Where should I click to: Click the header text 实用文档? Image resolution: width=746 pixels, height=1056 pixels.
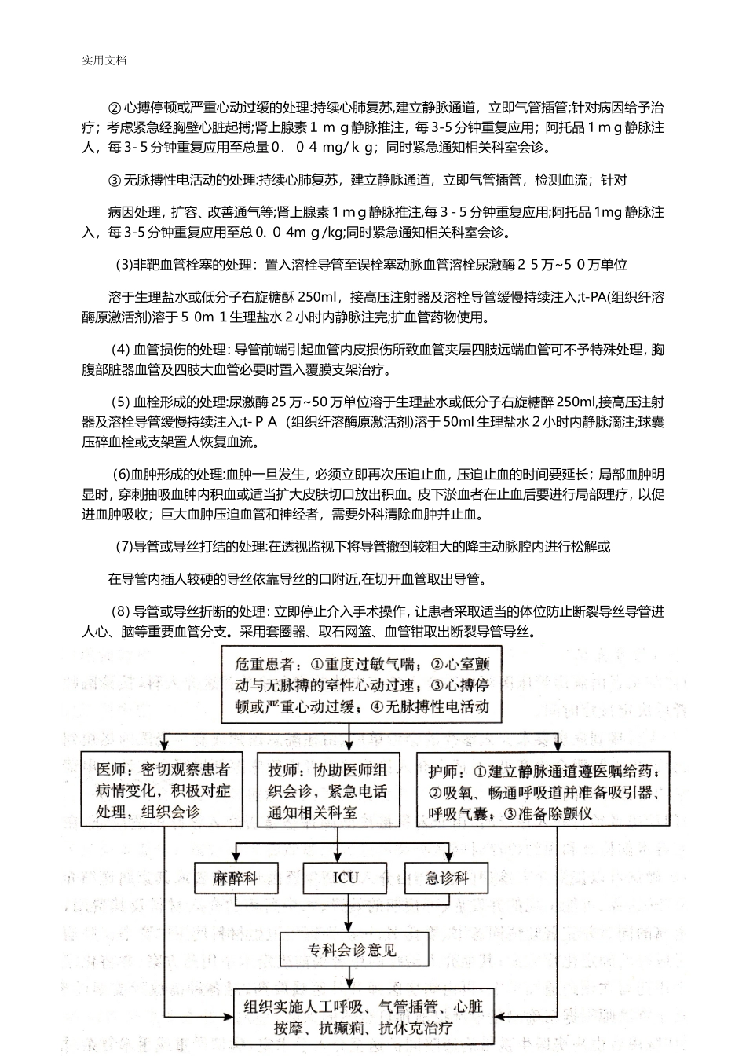pyautogui.click(x=104, y=60)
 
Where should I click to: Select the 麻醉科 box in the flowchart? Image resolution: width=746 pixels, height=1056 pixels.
pyautogui.click(x=236, y=877)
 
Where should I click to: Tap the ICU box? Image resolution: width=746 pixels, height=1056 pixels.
pyautogui.click(x=346, y=877)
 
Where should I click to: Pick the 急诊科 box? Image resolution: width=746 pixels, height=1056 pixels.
pyautogui.click(x=447, y=877)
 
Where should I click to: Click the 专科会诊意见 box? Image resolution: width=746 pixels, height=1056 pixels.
pyautogui.click(x=352, y=949)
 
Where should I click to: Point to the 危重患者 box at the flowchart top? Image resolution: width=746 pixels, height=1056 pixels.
pyautogui.click(x=360, y=684)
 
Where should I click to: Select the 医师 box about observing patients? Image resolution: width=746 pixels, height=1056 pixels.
pyautogui.click(x=163, y=790)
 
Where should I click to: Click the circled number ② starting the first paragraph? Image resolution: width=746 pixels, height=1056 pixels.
pyautogui.click(x=114, y=108)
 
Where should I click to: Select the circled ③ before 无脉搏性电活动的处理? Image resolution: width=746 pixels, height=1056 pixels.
pyautogui.click(x=114, y=181)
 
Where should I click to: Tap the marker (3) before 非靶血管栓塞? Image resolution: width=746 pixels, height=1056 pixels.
pyautogui.click(x=124, y=265)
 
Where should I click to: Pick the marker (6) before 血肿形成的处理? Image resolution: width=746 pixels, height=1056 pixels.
pyautogui.click(x=121, y=474)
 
